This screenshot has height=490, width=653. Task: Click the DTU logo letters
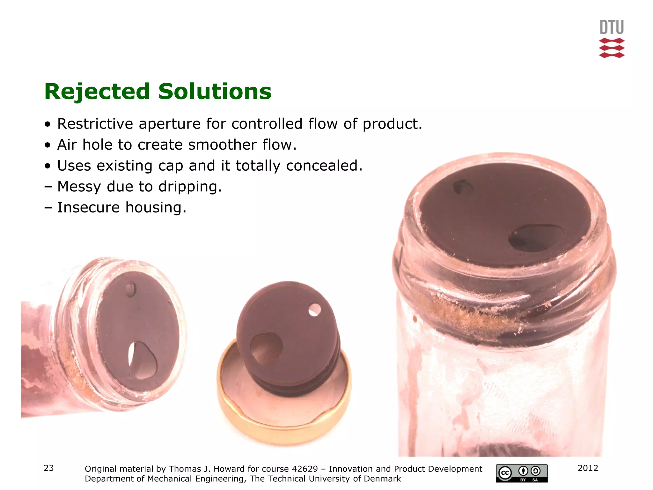[x=612, y=27]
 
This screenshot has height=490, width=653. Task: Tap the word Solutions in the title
[x=215, y=92]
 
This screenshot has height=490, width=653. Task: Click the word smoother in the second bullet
[x=222, y=145]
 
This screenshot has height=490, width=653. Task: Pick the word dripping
[x=190, y=187]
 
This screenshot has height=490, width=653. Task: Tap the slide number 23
[x=49, y=468]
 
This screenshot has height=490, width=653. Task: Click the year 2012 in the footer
[x=588, y=468]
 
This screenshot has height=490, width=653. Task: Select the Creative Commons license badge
[x=522, y=473]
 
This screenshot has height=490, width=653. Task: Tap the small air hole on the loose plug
[x=315, y=310]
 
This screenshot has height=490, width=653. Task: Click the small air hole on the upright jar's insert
[x=463, y=187]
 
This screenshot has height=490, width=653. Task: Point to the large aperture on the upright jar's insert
[x=536, y=237]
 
